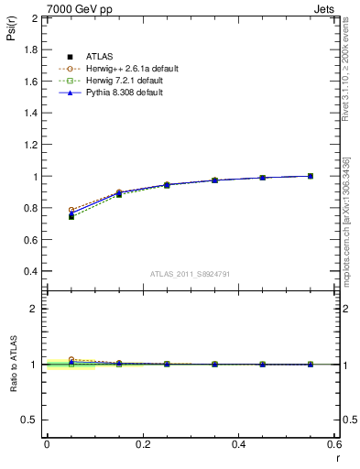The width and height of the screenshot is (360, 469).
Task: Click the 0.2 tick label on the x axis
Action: tap(142, 444)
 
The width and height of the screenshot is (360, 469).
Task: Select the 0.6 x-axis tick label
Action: tap(334, 444)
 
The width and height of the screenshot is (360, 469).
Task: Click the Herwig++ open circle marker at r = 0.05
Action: tap(71, 210)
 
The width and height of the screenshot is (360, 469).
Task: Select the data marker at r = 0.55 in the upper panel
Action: tap(311, 176)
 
